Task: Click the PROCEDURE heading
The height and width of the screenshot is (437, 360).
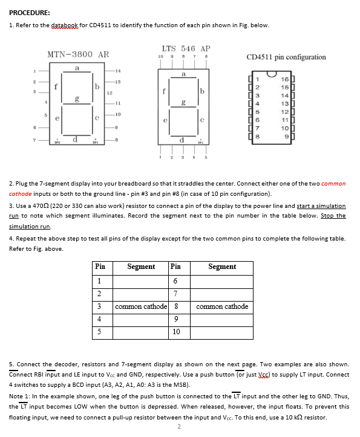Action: [x=30, y=13]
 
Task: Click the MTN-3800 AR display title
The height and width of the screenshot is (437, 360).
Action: [x=78, y=54]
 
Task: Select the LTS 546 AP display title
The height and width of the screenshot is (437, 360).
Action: [x=186, y=48]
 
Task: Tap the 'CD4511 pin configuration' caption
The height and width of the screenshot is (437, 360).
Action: [x=286, y=57]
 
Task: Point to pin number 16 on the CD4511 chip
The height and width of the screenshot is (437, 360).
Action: [x=284, y=79]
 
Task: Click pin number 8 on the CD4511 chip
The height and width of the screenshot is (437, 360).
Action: [x=258, y=137]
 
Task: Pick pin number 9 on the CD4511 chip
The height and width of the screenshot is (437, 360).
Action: [x=286, y=137]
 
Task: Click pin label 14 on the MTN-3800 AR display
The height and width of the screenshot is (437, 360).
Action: [x=118, y=71]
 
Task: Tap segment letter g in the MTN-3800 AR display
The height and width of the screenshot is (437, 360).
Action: [x=77, y=99]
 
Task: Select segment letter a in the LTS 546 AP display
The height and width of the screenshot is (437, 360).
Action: [x=183, y=74]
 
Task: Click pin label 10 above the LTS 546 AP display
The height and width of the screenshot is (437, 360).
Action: [x=160, y=57]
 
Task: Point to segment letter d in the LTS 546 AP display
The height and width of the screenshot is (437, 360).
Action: [x=182, y=140]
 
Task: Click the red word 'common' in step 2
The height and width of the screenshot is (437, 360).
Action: [x=333, y=184]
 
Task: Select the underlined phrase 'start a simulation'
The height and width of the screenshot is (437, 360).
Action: [x=321, y=206]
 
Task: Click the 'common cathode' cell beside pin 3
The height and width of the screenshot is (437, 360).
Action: [x=141, y=307]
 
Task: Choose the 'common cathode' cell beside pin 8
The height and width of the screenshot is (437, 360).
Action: [x=222, y=307]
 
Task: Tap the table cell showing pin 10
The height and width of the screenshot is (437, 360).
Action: [x=179, y=333]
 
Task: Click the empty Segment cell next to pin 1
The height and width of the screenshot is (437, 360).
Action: [x=140, y=282]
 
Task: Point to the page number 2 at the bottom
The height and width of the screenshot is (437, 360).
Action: [x=179, y=427]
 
